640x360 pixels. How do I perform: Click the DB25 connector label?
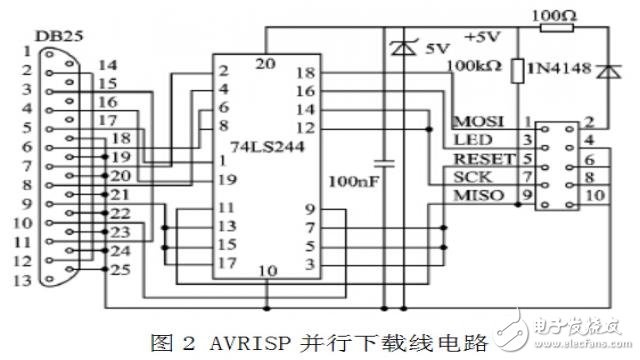point(53,36)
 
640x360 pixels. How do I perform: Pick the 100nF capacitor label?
point(350,182)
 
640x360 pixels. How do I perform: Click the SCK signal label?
point(468,176)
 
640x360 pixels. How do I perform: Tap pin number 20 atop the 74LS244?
point(265,62)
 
